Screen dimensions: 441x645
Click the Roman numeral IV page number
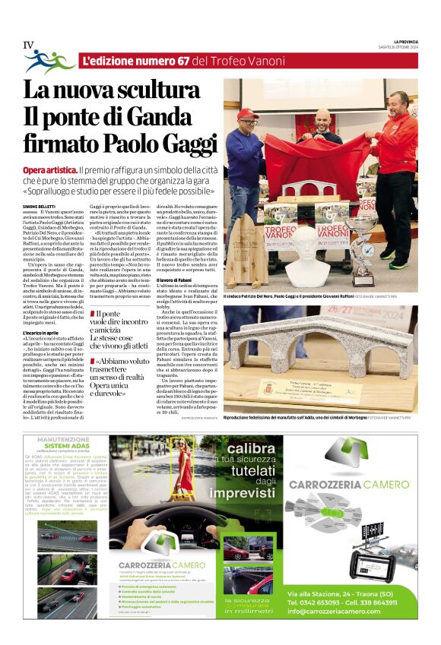(28, 45)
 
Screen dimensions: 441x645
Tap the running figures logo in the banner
(49, 62)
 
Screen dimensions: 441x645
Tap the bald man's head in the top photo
(324, 119)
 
